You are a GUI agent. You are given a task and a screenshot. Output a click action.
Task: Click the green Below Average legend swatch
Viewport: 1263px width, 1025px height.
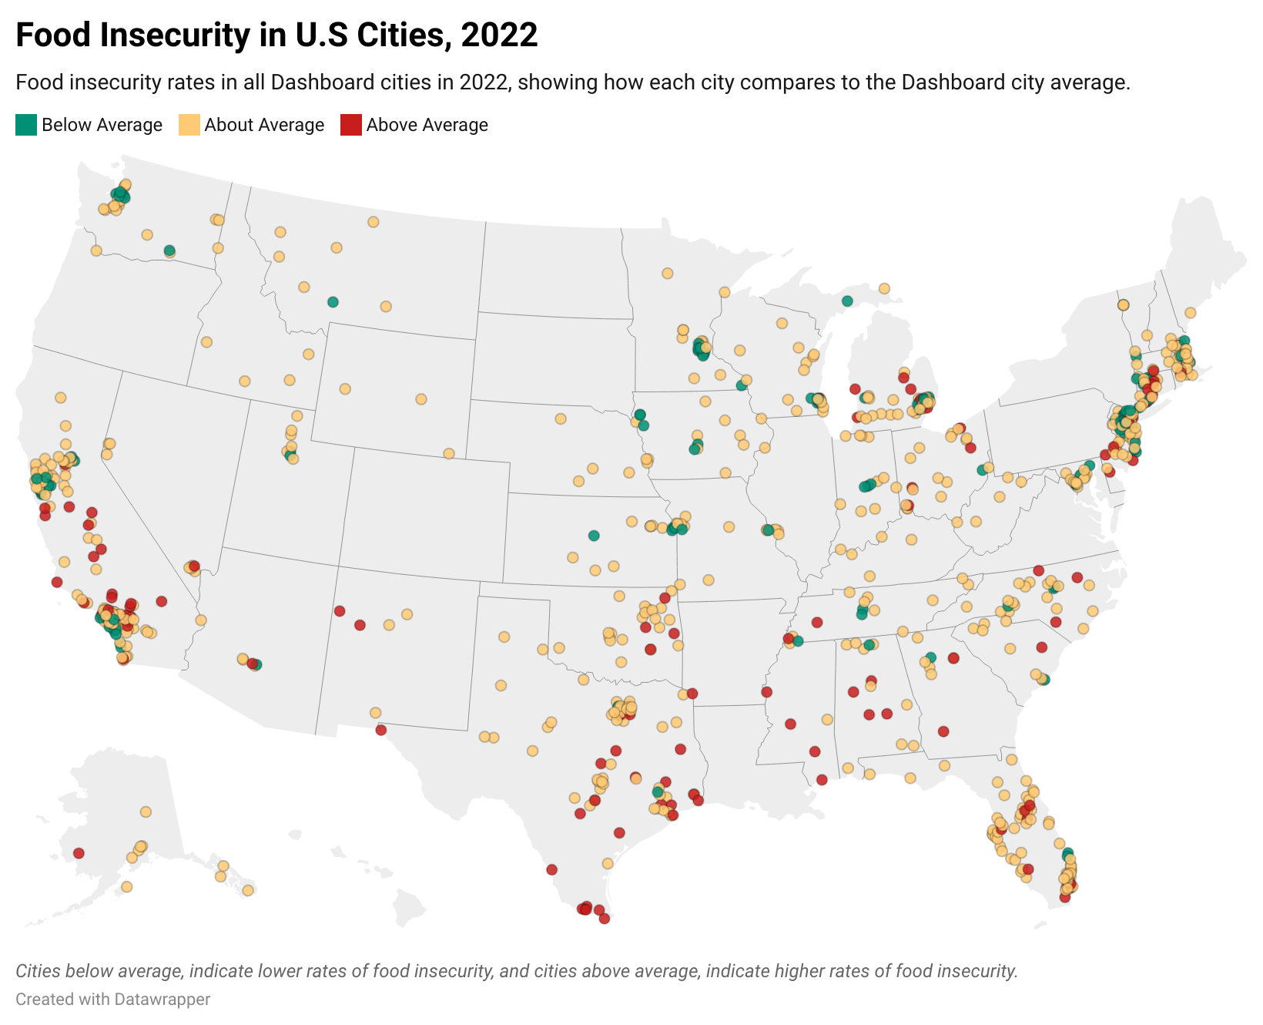pyautogui.click(x=26, y=125)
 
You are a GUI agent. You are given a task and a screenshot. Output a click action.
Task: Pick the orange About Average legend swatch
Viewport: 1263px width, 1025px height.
pyautogui.click(x=189, y=125)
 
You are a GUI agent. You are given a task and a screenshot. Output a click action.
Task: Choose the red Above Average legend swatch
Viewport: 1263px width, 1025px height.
pyautogui.click(x=351, y=125)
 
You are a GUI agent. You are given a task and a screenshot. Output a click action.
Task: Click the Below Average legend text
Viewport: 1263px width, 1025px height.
pyautogui.click(x=102, y=125)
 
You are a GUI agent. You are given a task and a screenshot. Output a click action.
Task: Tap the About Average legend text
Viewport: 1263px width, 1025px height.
pyautogui.click(x=264, y=125)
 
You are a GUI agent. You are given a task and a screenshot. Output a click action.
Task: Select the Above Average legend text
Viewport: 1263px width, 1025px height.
pyautogui.click(x=427, y=125)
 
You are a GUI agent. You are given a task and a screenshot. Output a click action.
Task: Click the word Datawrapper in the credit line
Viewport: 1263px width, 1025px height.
pyautogui.click(x=162, y=1000)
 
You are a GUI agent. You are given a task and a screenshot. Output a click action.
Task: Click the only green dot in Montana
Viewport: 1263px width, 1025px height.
pyautogui.click(x=333, y=301)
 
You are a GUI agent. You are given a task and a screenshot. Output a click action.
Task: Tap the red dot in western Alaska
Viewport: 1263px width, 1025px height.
pyautogui.click(x=79, y=853)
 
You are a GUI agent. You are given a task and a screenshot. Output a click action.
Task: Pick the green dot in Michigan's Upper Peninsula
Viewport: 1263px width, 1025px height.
pyautogui.click(x=847, y=301)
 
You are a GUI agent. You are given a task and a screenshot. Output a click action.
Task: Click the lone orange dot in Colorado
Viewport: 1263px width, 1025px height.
pyautogui.click(x=449, y=454)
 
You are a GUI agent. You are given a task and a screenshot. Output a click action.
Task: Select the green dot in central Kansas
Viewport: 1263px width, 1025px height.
pyautogui.click(x=593, y=536)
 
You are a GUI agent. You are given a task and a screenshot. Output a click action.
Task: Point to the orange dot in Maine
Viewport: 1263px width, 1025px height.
pyautogui.click(x=1190, y=313)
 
